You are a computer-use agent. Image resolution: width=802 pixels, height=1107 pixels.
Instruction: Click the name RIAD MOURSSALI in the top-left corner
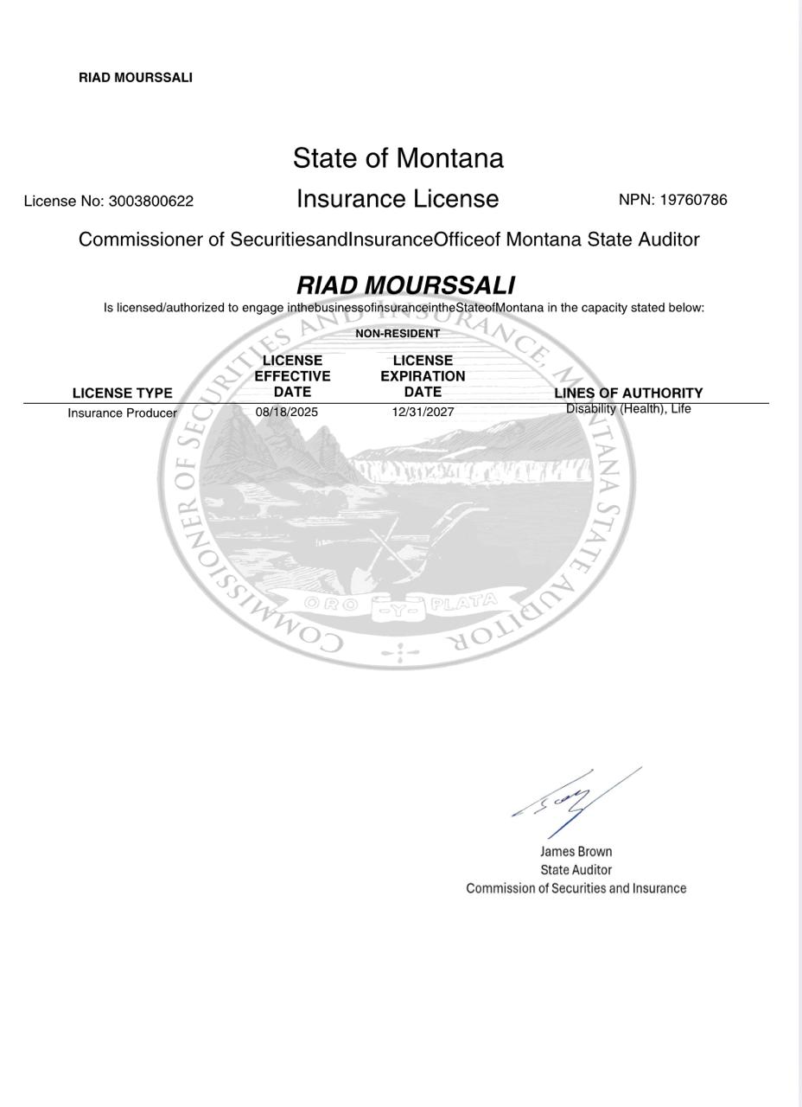[x=136, y=78]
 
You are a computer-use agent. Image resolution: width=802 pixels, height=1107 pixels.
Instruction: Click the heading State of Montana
[x=398, y=158]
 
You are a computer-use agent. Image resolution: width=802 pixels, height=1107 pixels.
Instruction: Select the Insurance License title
[x=398, y=199]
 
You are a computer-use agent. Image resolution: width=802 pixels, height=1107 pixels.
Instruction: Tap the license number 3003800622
[x=150, y=202]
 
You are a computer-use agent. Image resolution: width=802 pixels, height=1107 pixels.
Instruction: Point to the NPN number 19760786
[x=693, y=200]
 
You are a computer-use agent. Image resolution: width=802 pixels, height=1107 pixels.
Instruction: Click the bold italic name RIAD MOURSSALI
[x=405, y=285]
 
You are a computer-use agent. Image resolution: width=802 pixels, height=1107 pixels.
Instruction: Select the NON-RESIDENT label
[x=398, y=334]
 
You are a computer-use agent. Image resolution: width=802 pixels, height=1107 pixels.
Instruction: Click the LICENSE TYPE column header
[x=122, y=393]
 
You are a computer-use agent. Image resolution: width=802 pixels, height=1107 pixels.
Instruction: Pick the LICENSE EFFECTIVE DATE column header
[x=292, y=376]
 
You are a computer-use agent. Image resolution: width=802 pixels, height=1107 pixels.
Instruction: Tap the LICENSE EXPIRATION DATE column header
[x=423, y=376]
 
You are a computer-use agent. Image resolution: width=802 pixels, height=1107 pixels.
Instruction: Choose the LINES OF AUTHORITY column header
[x=628, y=393]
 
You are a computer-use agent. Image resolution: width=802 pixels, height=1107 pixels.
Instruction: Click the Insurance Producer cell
[x=122, y=413]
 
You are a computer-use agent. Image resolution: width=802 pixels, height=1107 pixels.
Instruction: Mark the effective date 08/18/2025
[x=286, y=413]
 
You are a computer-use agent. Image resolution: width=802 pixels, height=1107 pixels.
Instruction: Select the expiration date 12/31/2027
[x=423, y=413]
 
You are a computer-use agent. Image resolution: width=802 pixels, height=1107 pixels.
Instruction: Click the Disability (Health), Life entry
[x=628, y=409]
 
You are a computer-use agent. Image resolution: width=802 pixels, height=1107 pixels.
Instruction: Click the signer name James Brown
[x=576, y=852]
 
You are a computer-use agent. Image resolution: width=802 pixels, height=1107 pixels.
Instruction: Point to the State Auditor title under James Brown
[x=576, y=870]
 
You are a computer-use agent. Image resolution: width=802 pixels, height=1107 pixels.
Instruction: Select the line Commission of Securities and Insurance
[x=576, y=888]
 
